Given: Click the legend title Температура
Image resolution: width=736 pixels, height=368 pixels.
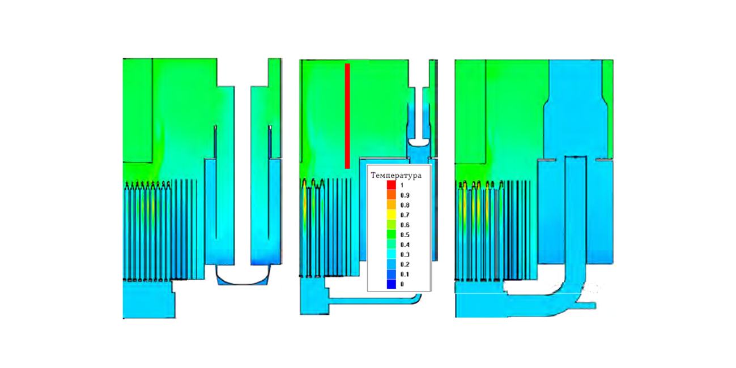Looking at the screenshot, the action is coord(396,176).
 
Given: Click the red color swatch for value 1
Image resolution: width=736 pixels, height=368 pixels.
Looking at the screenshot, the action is coord(392,185).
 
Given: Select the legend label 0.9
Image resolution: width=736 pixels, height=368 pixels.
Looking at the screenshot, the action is coord(405,195).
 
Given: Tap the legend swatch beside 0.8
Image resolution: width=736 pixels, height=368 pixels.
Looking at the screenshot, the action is coord(392,205).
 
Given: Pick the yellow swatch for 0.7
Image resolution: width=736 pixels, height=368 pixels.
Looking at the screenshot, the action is coord(392,215).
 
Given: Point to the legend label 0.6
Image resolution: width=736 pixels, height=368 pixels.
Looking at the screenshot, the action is coord(405,225).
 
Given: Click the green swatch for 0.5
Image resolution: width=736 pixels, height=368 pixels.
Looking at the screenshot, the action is coord(392,234).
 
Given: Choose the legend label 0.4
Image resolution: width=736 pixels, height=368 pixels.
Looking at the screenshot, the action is coord(405,245).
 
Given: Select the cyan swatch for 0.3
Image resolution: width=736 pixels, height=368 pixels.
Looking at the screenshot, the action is coord(392,254).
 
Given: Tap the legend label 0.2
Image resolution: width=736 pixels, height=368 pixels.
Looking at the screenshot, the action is coord(405,264).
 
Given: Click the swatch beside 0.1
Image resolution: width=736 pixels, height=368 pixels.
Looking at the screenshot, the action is coord(392,274).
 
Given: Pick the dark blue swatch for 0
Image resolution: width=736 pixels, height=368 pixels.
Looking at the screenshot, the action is coord(392,284).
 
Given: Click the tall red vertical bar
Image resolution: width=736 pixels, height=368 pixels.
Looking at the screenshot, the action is coord(347,116).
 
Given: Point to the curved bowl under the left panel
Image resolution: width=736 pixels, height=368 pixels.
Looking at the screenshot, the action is coord(243,275).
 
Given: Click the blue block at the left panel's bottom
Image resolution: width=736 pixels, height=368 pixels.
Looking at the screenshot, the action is coord(148,299).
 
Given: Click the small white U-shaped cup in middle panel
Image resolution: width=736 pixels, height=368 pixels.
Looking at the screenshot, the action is coord(419,143).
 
